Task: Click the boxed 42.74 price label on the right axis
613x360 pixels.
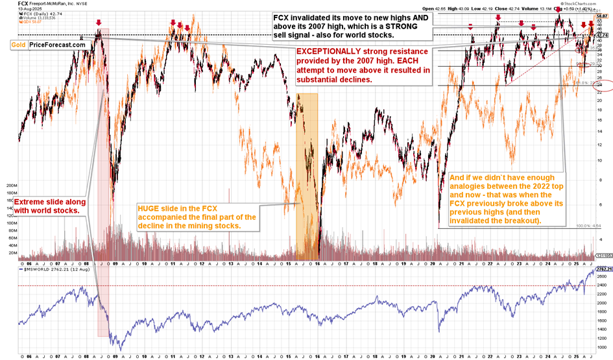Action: [603, 35]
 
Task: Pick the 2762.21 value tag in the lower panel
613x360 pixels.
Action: [603, 267]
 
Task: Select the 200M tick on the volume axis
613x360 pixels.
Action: [10, 185]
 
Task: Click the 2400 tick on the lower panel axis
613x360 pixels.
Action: [602, 285]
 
